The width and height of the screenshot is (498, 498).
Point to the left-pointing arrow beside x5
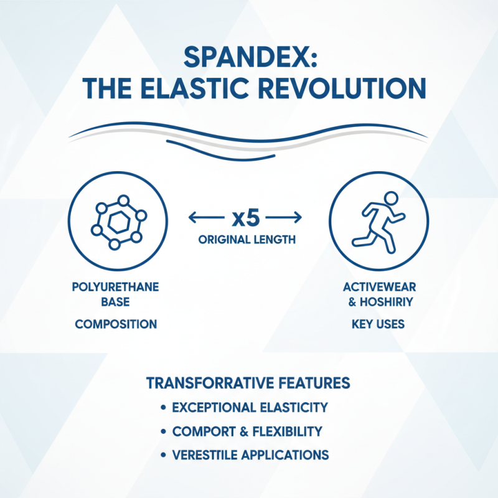click(204, 218)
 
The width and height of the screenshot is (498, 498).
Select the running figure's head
click(390, 199)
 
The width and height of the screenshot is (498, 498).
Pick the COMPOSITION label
click(116, 324)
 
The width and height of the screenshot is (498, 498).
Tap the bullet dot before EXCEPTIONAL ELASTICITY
click(163, 408)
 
